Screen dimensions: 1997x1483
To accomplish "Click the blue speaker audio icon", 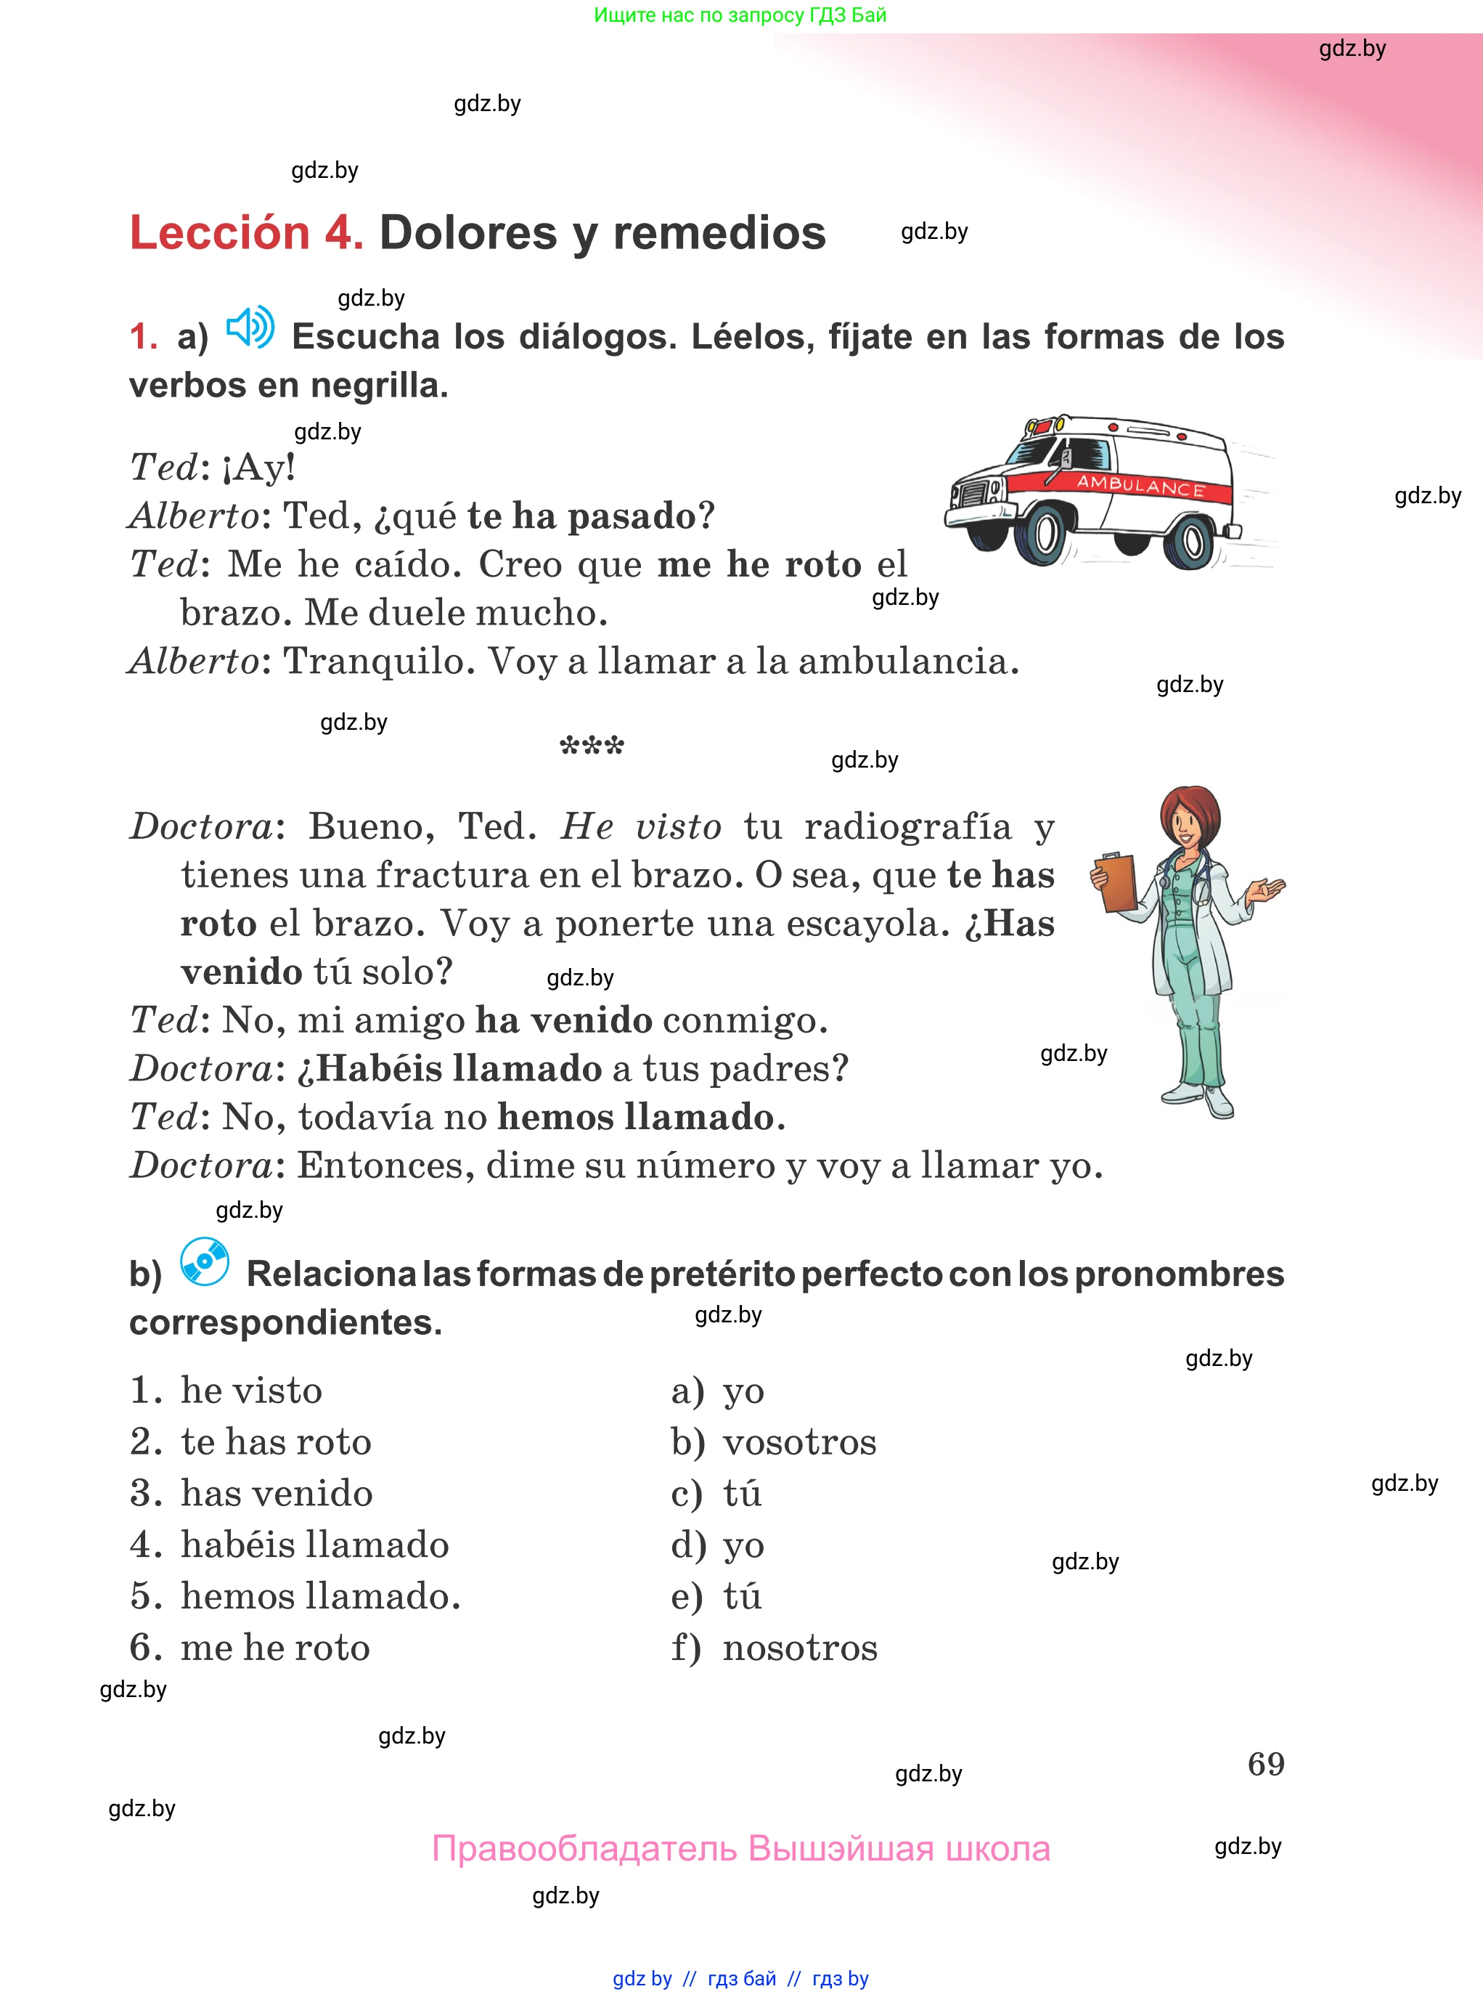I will [250, 327].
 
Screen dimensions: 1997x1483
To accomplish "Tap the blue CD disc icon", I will [205, 1261].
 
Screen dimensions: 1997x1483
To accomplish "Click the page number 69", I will [1266, 1764].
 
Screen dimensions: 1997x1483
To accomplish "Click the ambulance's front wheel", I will [1042, 534].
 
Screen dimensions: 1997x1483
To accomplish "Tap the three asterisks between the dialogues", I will [592, 745].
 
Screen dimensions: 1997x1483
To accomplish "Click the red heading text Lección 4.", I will [247, 232].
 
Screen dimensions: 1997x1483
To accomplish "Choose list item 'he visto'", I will [250, 1390].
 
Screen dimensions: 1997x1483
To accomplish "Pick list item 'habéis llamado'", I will [314, 1545].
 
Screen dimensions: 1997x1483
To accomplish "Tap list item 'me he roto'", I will [274, 1648].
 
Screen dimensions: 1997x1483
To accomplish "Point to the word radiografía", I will [907, 827].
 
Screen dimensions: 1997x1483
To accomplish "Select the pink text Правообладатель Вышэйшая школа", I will [740, 1849].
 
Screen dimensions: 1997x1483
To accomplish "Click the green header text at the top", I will [740, 15].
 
